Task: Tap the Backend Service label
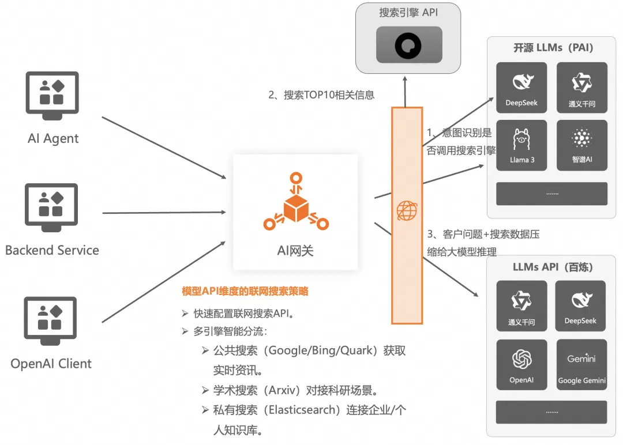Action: point(52,250)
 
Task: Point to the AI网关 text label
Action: point(295,250)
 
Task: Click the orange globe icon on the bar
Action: point(407,211)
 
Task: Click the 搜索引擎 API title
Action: point(409,13)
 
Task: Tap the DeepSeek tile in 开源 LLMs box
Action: point(521,87)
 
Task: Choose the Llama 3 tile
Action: point(521,145)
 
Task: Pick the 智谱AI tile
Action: point(581,145)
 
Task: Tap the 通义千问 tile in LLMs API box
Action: point(521,306)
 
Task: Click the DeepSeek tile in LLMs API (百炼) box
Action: point(580,306)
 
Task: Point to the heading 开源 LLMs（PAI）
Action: point(553,48)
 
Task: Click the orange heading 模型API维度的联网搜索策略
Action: point(245,292)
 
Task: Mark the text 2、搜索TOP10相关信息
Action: point(321,95)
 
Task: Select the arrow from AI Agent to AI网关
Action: point(164,148)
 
